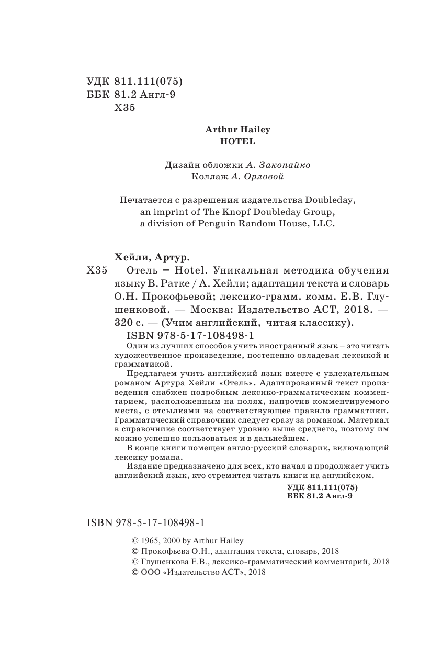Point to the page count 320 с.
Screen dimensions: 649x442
point(129,323)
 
